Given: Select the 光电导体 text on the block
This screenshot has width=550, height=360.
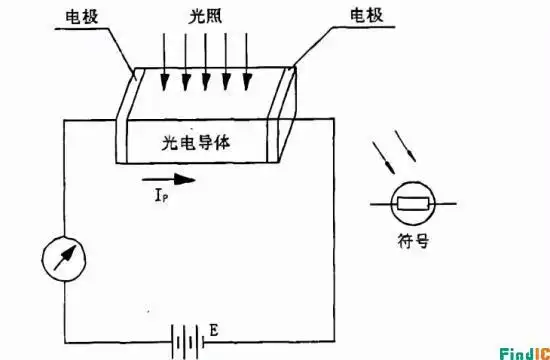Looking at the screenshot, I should tap(197, 144).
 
